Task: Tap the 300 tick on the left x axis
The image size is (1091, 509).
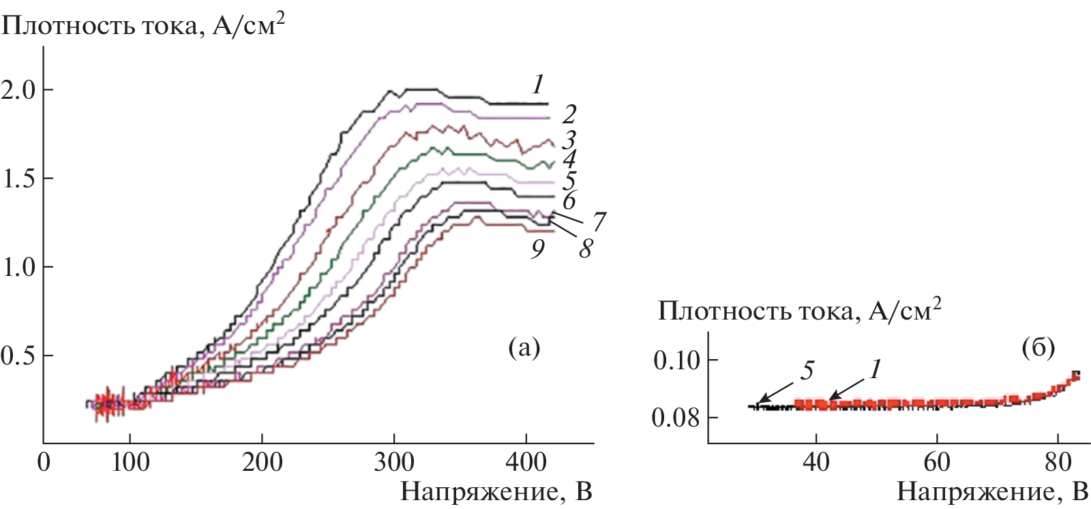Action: tap(394, 462)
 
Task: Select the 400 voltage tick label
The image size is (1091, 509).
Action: tap(526, 462)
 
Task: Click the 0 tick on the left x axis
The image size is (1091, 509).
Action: tap(44, 462)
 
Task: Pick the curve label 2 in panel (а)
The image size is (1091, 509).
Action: tap(569, 114)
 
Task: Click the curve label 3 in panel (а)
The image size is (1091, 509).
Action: tap(569, 140)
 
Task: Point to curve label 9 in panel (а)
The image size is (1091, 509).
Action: tap(538, 249)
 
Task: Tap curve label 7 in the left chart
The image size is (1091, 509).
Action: tap(599, 221)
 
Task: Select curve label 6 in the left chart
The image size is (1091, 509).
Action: tap(569, 201)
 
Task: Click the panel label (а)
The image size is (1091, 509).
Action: tap(524, 348)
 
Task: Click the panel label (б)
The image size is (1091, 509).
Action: tap(1038, 348)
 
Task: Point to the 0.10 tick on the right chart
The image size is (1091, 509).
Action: tap(676, 360)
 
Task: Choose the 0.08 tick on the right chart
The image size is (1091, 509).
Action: tap(676, 417)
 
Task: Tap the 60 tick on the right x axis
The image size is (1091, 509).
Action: tap(936, 462)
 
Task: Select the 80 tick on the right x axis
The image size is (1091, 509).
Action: tap(1058, 462)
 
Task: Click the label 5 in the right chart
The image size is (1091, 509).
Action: tap(807, 371)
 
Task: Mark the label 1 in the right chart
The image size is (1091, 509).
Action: tap(875, 369)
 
